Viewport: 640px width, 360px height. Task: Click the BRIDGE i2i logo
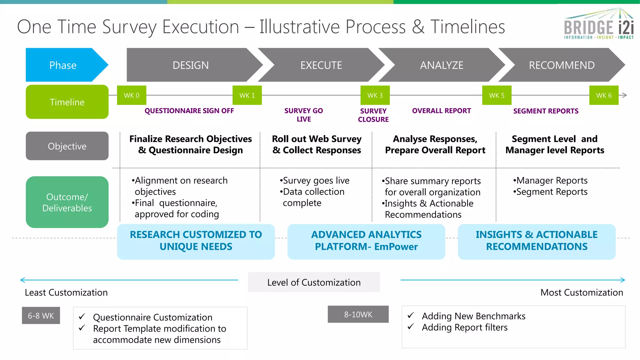coord(598,25)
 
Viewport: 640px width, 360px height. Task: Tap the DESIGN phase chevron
coord(191,65)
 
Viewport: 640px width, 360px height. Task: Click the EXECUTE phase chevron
coord(321,65)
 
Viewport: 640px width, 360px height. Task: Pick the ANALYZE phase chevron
coord(442,65)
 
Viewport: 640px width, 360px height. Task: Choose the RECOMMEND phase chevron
coord(562,65)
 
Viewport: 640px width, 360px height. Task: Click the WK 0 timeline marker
coord(132,95)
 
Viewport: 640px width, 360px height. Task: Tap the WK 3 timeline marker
coord(375,95)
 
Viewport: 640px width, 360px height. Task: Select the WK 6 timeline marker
coord(604,95)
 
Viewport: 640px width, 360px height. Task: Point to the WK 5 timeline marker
coord(497,95)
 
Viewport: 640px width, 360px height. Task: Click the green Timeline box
coord(67,102)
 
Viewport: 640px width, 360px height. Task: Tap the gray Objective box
coord(67,146)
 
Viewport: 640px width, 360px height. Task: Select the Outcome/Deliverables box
coord(67,202)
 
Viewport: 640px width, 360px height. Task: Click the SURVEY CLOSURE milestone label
coord(373,115)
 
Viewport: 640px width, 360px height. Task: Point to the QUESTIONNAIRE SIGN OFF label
coord(189,111)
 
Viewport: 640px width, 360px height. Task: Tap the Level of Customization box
coord(314,282)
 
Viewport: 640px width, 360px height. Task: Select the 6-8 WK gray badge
coord(41,316)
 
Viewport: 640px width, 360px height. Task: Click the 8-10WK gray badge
coord(358,314)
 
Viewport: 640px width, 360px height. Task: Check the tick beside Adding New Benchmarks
coord(411,315)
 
